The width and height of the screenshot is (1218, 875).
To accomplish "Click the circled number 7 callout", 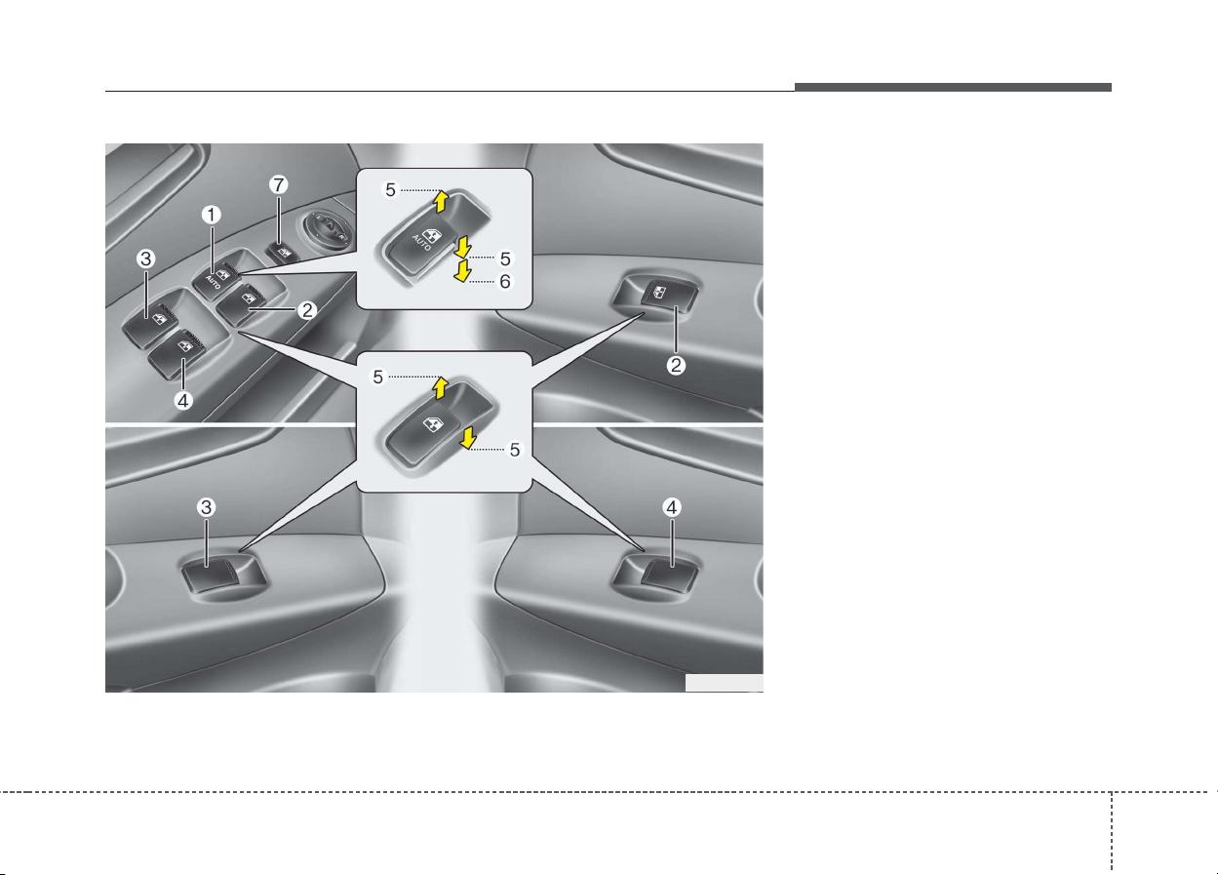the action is [x=278, y=185].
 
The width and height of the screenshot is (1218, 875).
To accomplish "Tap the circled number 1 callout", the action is [x=212, y=215].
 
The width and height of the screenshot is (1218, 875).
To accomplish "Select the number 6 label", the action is [x=504, y=281].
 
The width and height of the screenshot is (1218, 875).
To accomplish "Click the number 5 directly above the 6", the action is [x=504, y=259].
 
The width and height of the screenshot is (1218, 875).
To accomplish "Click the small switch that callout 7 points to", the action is [x=283, y=253].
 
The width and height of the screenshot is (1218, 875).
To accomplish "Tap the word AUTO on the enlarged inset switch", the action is [x=421, y=243].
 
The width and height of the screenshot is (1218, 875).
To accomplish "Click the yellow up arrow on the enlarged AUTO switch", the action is [x=440, y=201].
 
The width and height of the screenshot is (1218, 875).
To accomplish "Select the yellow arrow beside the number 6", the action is [x=462, y=271].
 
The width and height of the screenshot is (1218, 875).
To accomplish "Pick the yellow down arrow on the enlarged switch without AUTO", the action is [x=467, y=438].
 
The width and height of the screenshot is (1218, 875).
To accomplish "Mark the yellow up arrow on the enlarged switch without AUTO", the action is [x=440, y=388].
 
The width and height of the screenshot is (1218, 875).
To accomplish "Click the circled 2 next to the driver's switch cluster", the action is [x=307, y=310].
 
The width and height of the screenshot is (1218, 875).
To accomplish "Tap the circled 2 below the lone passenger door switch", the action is [x=676, y=365].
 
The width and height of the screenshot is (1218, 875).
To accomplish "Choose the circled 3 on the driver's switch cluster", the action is [x=145, y=259].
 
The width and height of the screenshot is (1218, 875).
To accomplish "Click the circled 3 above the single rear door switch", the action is [x=206, y=507].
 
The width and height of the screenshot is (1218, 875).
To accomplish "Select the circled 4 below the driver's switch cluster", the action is [x=183, y=401].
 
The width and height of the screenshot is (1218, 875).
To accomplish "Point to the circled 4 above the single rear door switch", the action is [x=672, y=507].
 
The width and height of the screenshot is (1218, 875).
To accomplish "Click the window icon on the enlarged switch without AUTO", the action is [x=432, y=423].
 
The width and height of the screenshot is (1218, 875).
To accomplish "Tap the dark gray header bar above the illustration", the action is [x=953, y=87].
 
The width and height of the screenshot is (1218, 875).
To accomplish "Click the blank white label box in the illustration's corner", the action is [x=724, y=683].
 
